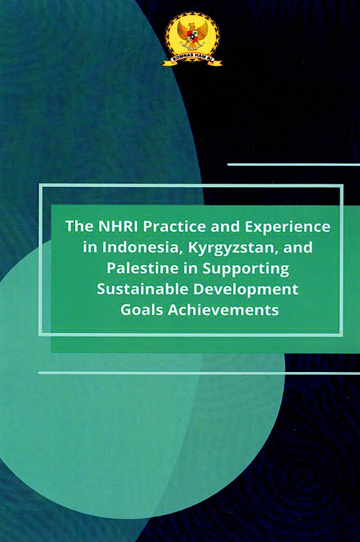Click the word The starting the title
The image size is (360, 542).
pos(77,226)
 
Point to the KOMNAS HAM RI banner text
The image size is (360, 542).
pos(193,61)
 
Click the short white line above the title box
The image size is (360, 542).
pos(293,165)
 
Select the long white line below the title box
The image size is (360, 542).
pos(197,373)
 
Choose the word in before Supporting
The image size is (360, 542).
pos(189,268)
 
